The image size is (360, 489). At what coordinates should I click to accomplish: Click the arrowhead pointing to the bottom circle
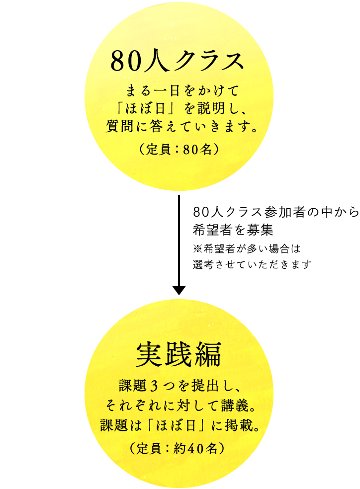tap(179, 290)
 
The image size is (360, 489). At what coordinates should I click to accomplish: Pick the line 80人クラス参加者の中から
tap(275, 212)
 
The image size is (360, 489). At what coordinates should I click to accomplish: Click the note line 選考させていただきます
tap(252, 264)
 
